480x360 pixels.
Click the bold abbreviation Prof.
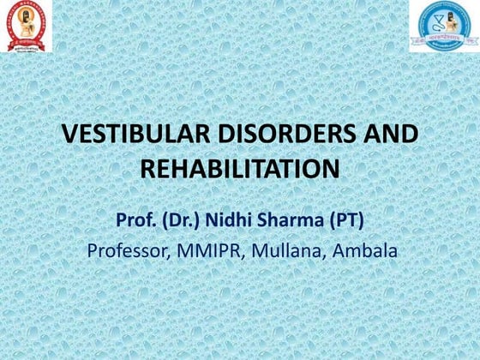(x=135, y=220)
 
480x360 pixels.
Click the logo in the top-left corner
(x=26, y=26)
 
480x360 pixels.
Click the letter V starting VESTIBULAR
(x=72, y=135)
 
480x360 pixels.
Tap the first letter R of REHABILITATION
(x=147, y=169)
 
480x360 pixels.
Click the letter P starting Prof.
(x=122, y=220)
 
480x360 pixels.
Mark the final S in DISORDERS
(x=350, y=135)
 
